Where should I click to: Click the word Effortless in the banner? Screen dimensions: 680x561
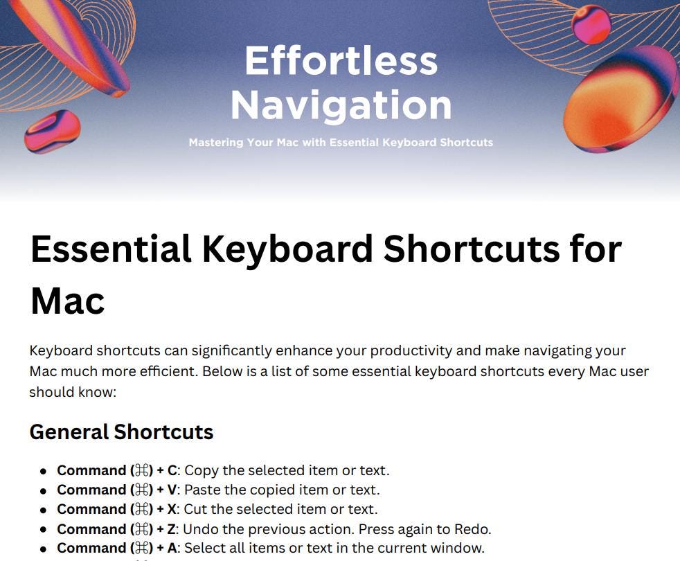(341, 61)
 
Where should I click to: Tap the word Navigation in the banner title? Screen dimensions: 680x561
(341, 105)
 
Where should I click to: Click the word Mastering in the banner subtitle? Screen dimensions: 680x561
(216, 143)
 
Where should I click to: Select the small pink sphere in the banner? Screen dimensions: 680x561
(591, 24)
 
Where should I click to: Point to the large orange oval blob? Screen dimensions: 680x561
(621, 99)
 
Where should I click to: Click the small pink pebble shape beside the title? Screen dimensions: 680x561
(53, 132)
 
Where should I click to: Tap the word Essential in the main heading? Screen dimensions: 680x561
(111, 249)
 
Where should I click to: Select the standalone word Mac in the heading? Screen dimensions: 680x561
(68, 301)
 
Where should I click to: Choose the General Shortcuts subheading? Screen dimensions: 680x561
(121, 432)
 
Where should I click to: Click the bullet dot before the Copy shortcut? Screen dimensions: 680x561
(43, 472)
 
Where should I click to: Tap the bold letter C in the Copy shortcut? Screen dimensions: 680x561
(172, 471)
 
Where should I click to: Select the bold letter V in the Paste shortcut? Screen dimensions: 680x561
(172, 490)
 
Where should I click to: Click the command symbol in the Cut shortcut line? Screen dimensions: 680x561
(142, 509)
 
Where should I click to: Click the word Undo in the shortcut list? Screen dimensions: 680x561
(197, 529)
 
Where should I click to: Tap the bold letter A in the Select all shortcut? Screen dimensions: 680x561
(172, 548)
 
